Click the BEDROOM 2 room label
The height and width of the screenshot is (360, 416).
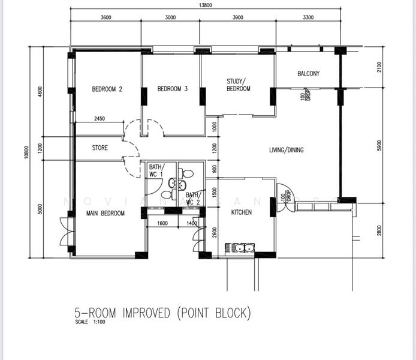pyautogui.click(x=107, y=89)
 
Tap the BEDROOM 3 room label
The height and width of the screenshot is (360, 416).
pyautogui.click(x=173, y=89)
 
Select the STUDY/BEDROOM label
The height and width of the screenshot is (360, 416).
pyautogui.click(x=238, y=85)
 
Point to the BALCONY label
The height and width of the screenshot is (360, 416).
pyautogui.click(x=309, y=74)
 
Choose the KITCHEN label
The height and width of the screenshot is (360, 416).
pyautogui.click(x=242, y=212)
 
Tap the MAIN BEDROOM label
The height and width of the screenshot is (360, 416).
pyautogui.click(x=105, y=213)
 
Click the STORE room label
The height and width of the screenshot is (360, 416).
pyautogui.click(x=100, y=148)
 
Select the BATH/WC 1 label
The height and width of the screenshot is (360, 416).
pyautogui.click(x=156, y=171)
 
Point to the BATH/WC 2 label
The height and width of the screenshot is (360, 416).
pyautogui.click(x=192, y=199)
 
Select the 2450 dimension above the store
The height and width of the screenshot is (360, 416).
pyautogui.click(x=99, y=119)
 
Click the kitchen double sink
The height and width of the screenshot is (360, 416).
pyautogui.click(x=241, y=247)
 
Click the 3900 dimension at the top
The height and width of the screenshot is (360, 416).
pyautogui.click(x=237, y=17)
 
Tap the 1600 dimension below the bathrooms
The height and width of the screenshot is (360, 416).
pyautogui.click(x=162, y=223)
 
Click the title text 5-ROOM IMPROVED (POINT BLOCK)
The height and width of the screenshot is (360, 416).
pyautogui.click(x=162, y=313)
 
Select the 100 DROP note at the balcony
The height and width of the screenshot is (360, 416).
pyautogui.click(x=305, y=95)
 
